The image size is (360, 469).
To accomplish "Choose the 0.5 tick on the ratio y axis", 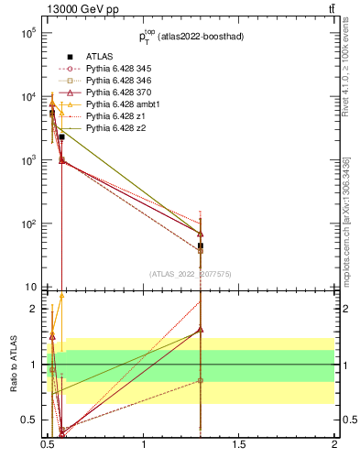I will [29, 420].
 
